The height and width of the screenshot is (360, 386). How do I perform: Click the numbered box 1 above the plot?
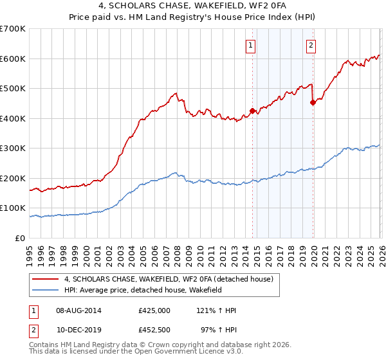250,45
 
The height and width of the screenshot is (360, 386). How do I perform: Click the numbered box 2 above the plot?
311,45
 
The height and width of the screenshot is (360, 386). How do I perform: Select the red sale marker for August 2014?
253,111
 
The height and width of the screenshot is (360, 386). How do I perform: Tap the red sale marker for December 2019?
313,102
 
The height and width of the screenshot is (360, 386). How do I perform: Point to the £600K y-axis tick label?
13,59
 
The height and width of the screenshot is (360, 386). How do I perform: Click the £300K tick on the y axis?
13,148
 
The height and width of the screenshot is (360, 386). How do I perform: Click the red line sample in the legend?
45,279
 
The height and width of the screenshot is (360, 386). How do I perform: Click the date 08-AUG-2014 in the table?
78,310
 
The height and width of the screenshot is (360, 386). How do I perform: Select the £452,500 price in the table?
154,330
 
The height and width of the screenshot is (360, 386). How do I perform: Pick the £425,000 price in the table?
154,310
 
